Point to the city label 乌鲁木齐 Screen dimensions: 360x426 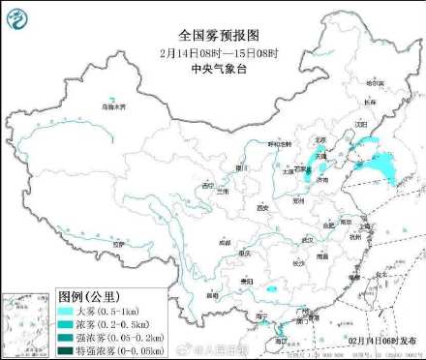coord(114,106)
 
